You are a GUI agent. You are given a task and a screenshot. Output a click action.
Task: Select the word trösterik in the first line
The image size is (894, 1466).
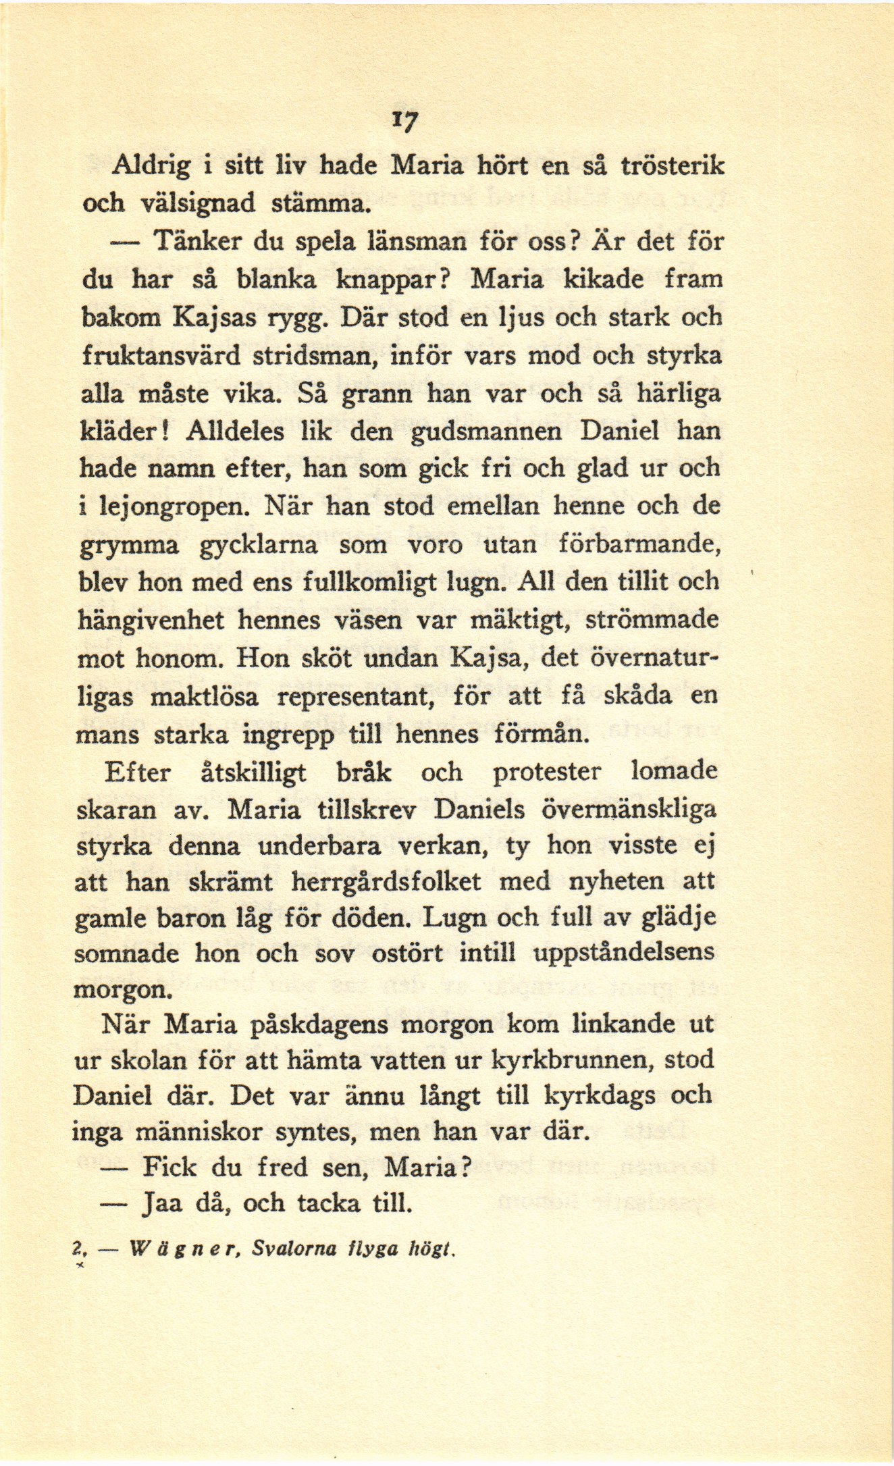click(672, 166)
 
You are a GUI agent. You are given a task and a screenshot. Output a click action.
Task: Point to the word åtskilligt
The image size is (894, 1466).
click(254, 772)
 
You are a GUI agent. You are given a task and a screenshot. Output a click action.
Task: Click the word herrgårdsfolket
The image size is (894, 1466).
click(386, 881)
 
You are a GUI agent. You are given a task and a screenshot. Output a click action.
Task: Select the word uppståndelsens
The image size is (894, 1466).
click(624, 952)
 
